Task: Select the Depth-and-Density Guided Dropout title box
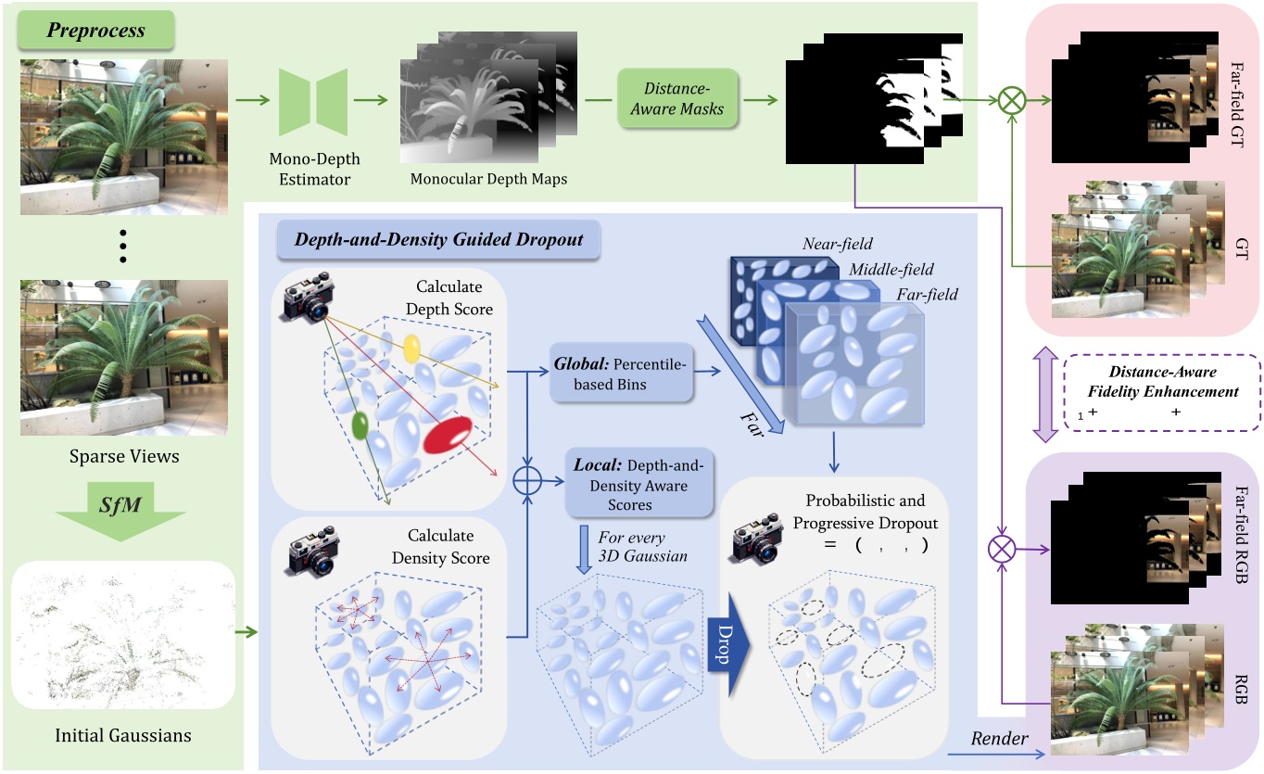point(438,239)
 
